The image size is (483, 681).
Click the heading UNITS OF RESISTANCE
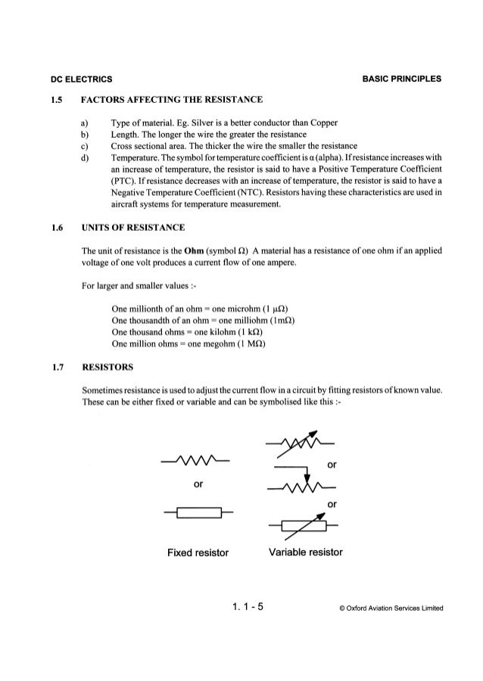[x=136, y=225]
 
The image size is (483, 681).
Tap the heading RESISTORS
[x=108, y=366]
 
